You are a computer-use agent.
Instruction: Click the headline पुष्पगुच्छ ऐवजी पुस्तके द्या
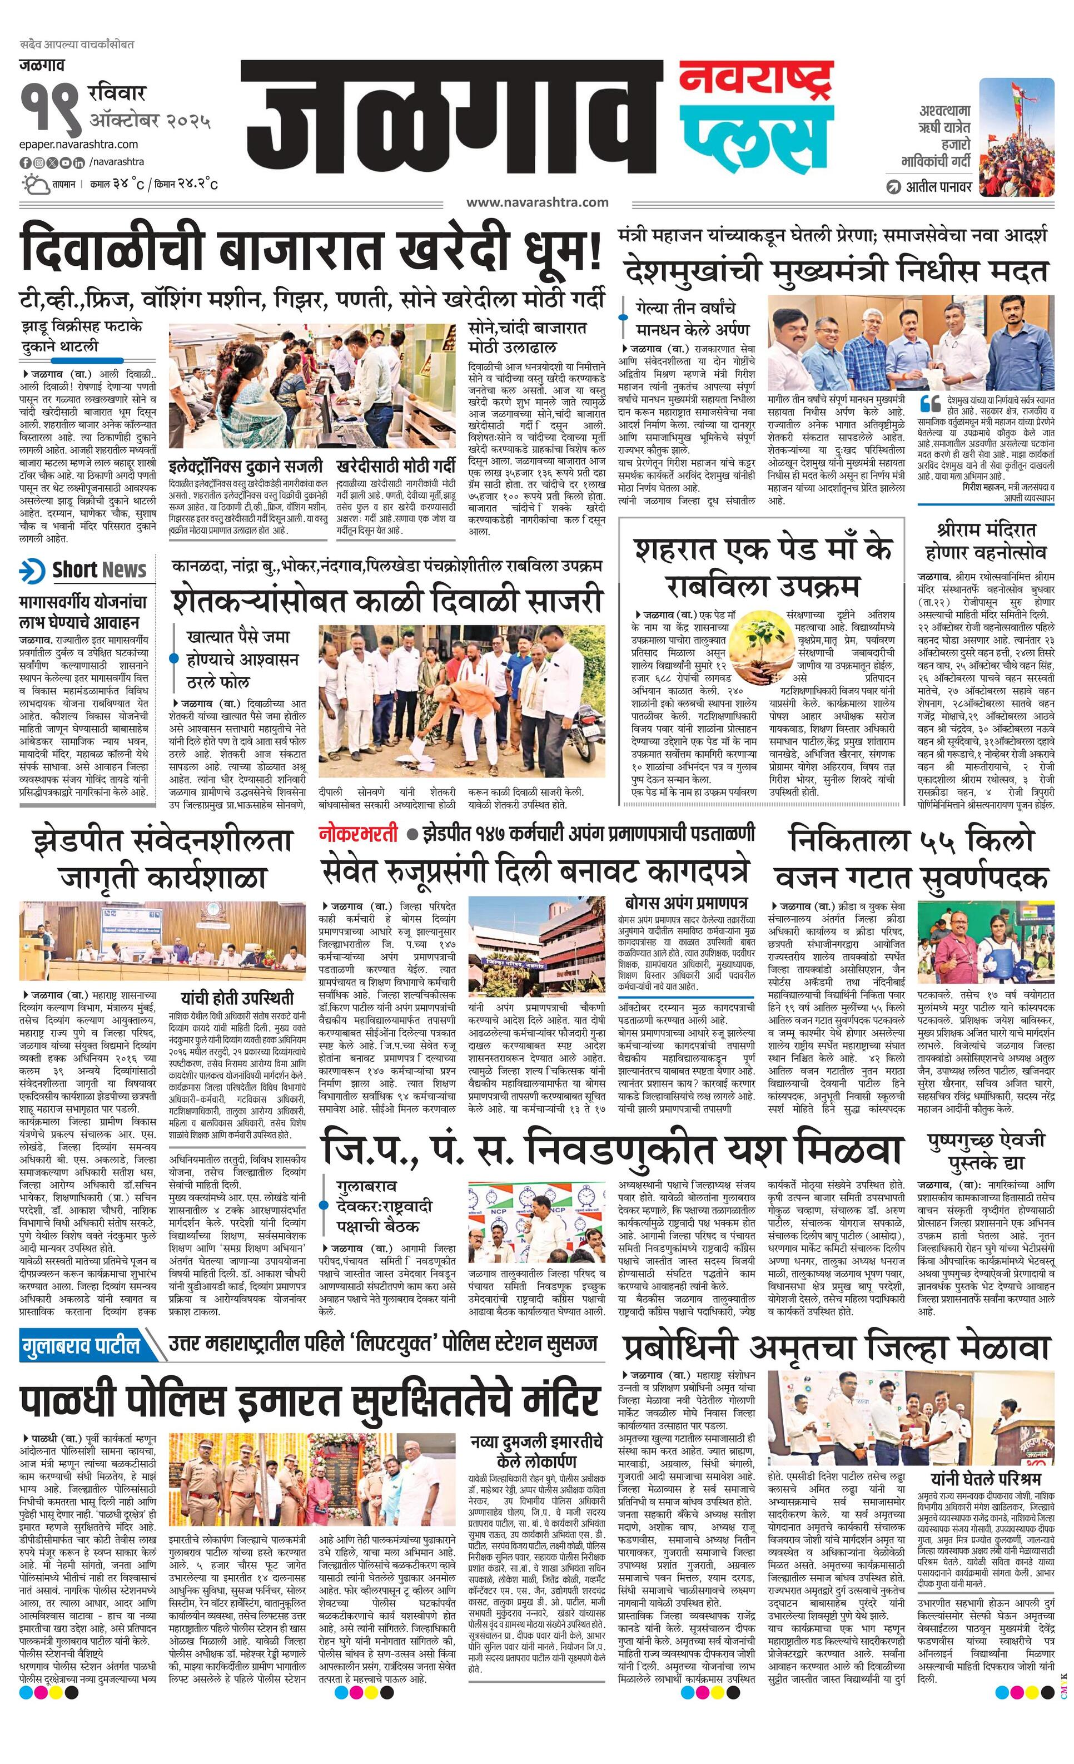(986, 1149)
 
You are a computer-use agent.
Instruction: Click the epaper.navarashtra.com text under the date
(79, 145)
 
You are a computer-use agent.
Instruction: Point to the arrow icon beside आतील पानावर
(893, 187)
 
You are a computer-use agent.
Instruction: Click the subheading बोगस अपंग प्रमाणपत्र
(685, 900)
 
